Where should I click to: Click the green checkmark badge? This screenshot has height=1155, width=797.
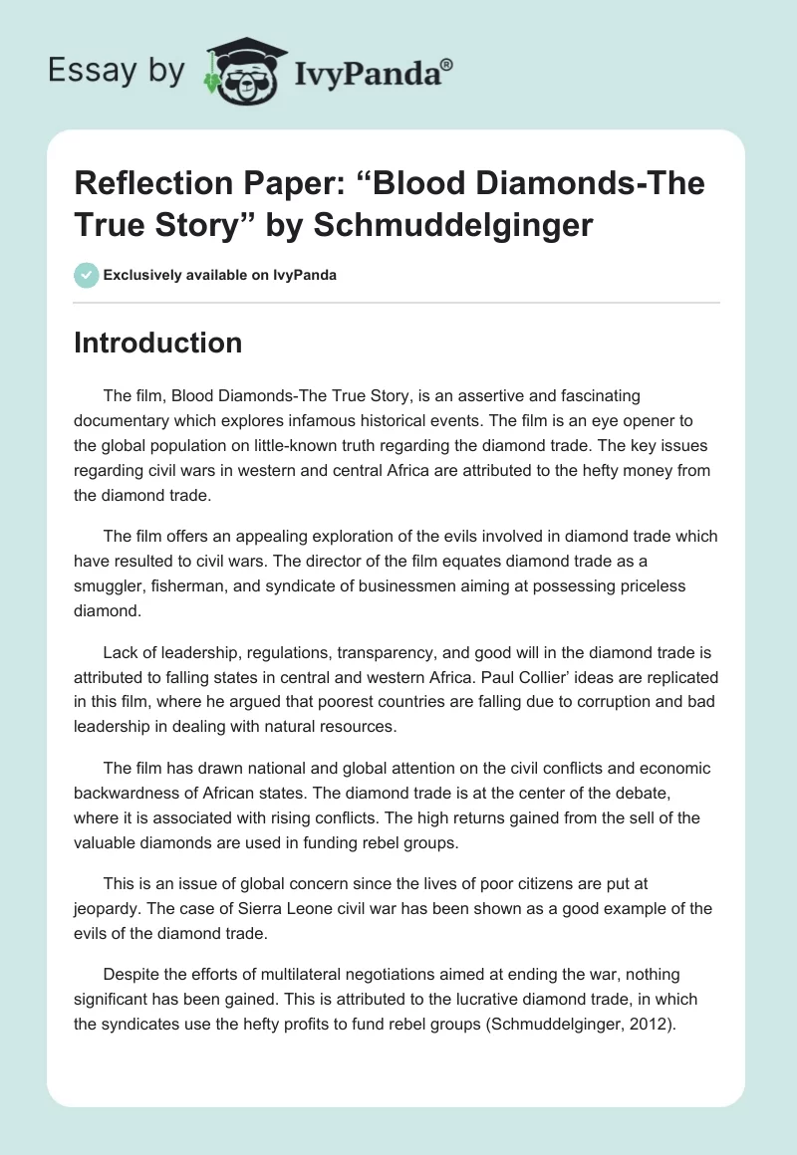(x=87, y=274)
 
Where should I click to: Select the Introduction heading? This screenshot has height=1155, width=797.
(x=158, y=343)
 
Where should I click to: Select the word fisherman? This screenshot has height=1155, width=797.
(x=191, y=587)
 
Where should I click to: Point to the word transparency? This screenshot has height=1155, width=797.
(x=333, y=655)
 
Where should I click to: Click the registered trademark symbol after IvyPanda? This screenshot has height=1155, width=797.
(x=447, y=63)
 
